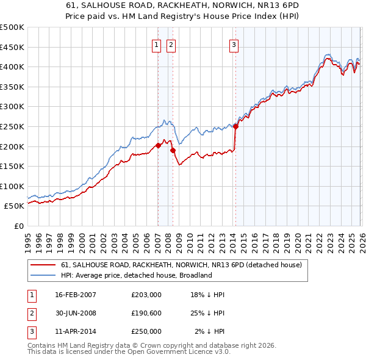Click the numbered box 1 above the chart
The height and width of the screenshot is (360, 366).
156,44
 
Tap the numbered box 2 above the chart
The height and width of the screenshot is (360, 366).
171,44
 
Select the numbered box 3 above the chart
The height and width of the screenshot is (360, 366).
234,44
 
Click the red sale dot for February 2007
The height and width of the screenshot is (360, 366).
158,145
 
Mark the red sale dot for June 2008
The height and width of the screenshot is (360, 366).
173,150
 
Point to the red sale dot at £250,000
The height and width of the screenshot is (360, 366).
235,126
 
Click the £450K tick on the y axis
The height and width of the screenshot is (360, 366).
12,47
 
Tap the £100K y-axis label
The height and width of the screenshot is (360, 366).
12,186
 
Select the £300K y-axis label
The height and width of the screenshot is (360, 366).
12,107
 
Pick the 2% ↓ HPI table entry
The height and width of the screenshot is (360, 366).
210,331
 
